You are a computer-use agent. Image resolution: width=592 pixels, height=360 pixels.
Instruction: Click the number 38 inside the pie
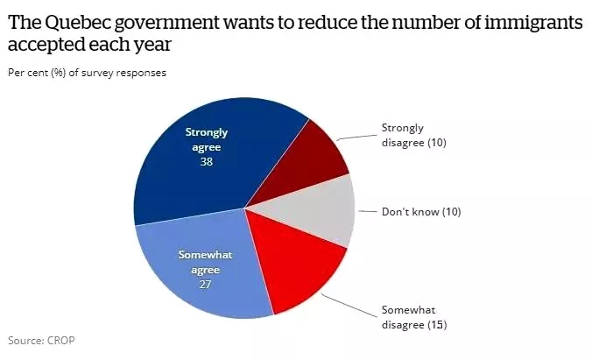point(207,161)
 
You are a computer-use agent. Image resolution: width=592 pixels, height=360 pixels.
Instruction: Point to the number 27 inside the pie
point(204,284)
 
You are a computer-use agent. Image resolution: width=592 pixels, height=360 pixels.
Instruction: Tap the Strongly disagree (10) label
point(414,135)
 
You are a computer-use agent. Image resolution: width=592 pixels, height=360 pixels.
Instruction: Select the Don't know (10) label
point(420,211)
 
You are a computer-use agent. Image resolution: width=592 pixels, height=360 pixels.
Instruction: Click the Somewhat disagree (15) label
point(412,317)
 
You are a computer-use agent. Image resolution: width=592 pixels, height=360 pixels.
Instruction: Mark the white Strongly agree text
point(207,139)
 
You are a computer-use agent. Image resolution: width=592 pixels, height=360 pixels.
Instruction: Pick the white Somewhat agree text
point(204,262)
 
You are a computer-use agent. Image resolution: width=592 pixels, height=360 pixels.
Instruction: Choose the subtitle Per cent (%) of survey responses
point(87,73)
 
